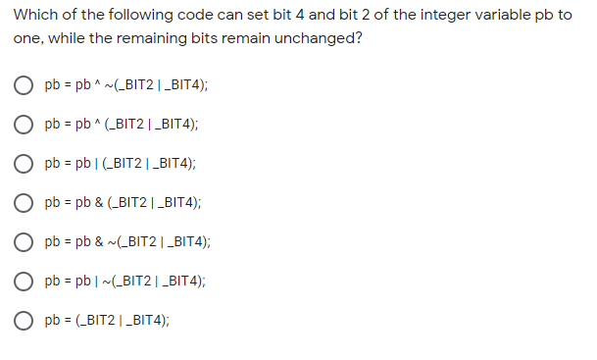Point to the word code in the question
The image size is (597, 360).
coord(179,17)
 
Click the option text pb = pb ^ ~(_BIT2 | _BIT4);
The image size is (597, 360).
coord(125,84)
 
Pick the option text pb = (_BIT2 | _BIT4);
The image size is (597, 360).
coord(104,320)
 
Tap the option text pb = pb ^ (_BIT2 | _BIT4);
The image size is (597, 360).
coord(122,124)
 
